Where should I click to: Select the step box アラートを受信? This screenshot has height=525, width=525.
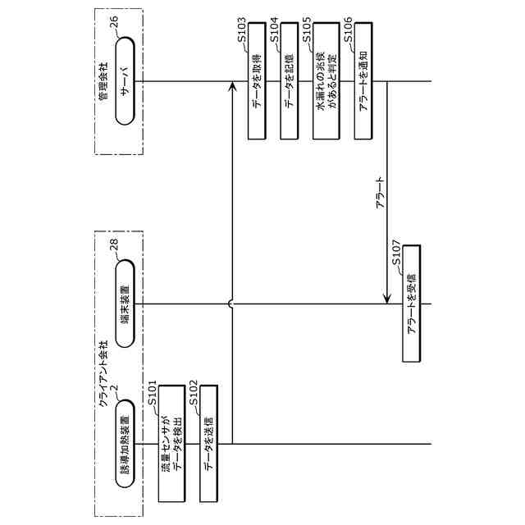[412, 303]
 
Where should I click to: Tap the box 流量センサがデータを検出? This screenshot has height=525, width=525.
[171, 444]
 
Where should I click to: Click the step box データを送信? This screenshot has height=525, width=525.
[212, 444]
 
